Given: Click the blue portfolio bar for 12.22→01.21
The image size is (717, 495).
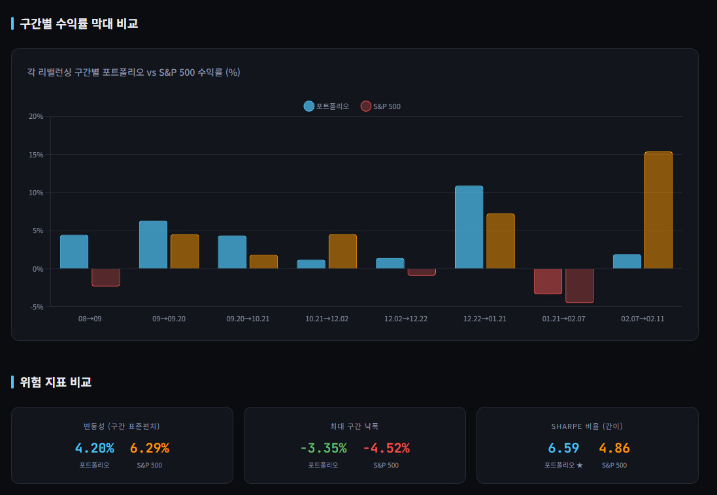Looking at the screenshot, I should coord(469,227).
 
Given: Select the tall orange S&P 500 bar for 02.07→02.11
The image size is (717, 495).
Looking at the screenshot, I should coord(658,210).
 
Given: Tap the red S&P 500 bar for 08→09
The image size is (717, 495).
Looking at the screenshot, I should coord(106,278).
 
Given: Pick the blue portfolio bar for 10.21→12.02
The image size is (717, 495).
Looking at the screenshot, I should coord(311,264).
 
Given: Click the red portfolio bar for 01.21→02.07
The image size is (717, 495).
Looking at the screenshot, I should coord(548,281).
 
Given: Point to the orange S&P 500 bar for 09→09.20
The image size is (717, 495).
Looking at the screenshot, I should coord(184,251).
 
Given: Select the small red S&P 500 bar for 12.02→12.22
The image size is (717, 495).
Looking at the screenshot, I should coord(422,272).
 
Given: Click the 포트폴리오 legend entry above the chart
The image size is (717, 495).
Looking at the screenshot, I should coord(326,106).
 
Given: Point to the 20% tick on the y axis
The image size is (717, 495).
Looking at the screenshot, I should coord(36,116).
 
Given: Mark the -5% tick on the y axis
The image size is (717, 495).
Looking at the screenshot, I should coord(36,307).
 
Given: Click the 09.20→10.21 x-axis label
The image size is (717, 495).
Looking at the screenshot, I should coord(248,319).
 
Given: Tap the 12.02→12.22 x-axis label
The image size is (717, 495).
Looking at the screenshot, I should coord(406,319).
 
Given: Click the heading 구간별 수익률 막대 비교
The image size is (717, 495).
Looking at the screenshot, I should coord(79,24).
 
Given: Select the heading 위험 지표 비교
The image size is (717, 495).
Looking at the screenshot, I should coord(56,382).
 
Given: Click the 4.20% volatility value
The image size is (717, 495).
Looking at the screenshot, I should coord(94,448).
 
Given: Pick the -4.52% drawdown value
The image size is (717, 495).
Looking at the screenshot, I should coord(386,448).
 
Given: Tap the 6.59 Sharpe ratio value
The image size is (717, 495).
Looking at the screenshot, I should coord(563,448).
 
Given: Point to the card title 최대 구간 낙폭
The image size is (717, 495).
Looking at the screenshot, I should coord(354,426).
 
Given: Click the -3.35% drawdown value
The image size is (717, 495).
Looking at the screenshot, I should coord(323,448).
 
